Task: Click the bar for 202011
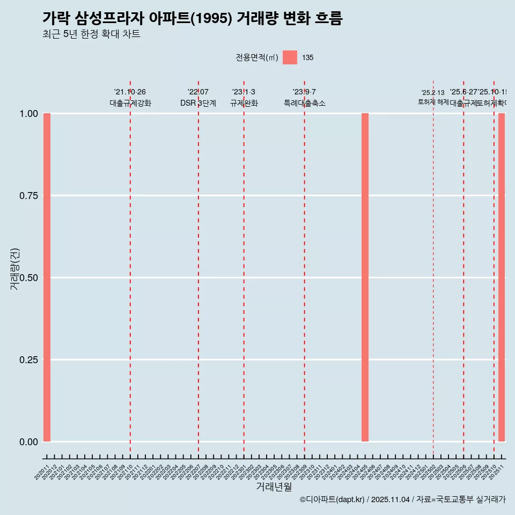(47, 277)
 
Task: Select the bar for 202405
(365, 277)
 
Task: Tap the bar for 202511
(502, 277)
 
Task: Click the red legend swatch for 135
(290, 57)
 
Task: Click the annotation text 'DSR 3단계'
(198, 103)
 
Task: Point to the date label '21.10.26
(130, 92)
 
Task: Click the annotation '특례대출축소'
(305, 103)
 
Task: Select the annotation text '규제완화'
(244, 103)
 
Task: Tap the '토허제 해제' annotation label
(433, 102)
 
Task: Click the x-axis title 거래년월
(274, 487)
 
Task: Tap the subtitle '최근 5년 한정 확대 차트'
(91, 34)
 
